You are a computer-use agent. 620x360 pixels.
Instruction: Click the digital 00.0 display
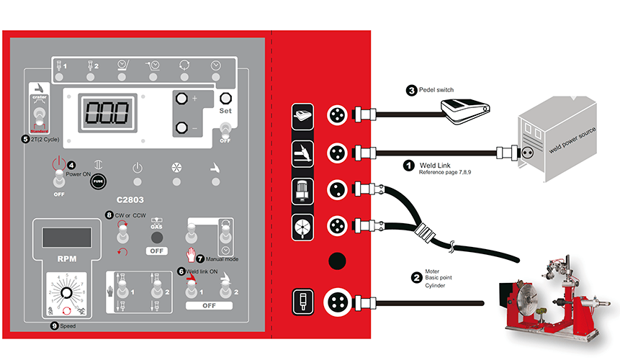pos(107,113)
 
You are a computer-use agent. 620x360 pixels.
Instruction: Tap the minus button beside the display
pos(181,129)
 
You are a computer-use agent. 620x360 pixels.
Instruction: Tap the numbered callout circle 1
pos(408,165)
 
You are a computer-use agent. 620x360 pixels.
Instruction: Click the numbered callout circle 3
pos(411,91)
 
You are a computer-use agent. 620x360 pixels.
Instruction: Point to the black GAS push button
pos(156,237)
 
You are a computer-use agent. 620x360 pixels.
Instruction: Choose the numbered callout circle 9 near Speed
pos(55,325)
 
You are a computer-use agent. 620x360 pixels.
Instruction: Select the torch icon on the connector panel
pos(302,152)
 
